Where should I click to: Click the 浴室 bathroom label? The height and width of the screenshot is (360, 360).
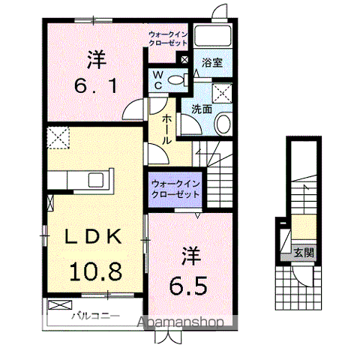213,63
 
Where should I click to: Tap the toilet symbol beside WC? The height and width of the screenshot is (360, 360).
177,79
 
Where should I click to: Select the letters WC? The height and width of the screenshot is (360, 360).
160,79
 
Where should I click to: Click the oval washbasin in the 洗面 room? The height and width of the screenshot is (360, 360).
223,123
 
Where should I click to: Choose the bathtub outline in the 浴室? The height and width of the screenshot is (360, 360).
213,36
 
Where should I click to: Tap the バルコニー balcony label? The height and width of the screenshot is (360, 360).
95,316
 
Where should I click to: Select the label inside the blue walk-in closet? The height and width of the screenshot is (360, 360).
175,188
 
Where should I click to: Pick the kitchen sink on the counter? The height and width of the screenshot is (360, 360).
97,179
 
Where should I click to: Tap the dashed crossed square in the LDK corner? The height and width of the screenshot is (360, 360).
57,137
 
